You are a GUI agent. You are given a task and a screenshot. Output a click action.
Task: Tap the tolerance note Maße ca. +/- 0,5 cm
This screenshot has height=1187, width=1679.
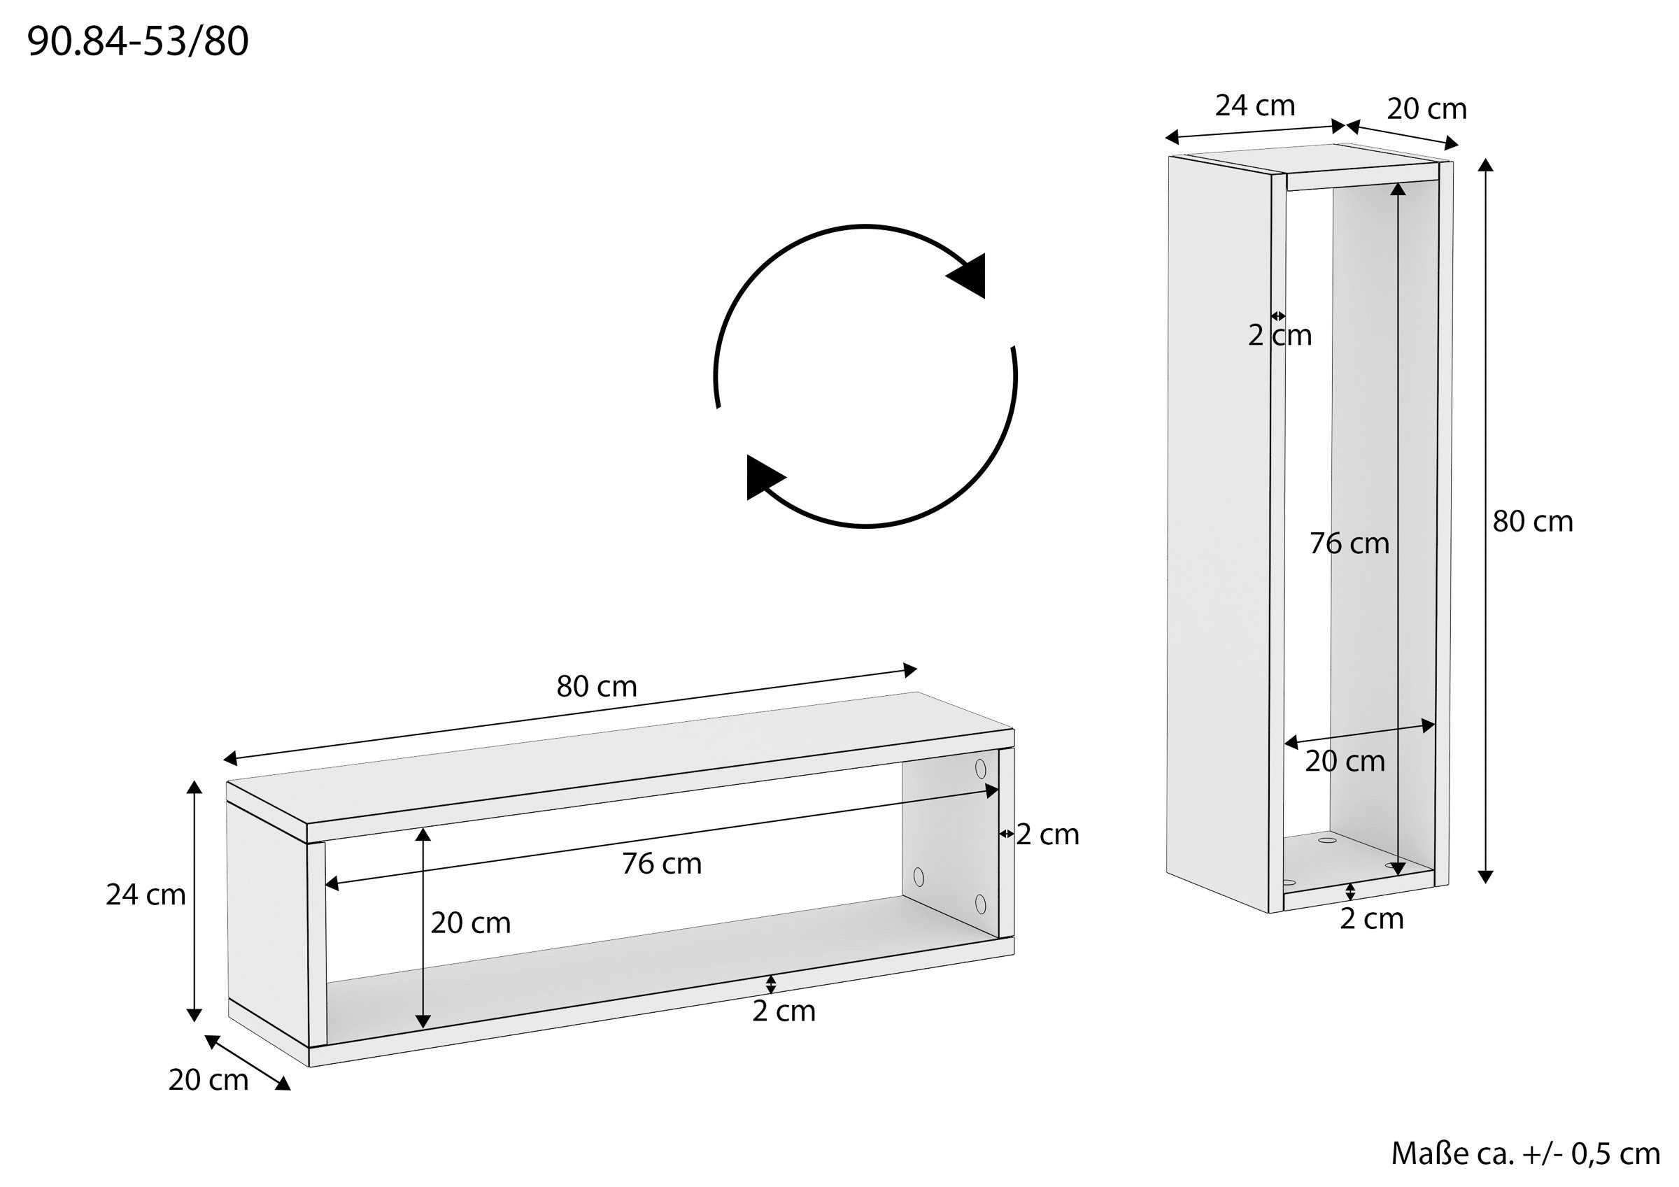tap(1524, 1154)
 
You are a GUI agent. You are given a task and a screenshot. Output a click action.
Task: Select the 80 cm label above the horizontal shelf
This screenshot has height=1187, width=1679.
tap(597, 686)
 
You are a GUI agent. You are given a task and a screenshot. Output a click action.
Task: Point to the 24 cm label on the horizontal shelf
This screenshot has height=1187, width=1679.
tap(146, 895)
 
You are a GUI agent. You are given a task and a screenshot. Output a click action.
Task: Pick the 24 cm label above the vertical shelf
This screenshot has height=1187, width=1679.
tap(1255, 106)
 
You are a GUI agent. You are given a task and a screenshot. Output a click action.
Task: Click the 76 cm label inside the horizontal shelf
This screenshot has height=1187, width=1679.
tap(662, 864)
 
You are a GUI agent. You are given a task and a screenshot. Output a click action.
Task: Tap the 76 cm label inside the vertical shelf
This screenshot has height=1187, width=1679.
tap(1349, 543)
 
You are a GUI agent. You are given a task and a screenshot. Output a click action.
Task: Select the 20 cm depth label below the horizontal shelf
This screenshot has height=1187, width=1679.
tap(208, 1079)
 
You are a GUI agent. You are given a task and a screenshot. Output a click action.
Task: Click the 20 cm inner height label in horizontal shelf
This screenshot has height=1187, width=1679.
tap(470, 923)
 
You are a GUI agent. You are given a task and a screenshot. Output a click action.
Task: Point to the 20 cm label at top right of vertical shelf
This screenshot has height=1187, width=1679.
tap(1426, 109)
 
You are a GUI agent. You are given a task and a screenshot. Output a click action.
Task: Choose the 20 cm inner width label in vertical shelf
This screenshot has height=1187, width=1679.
tap(1345, 761)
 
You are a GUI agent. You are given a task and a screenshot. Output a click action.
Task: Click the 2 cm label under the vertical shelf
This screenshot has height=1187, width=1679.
tap(1371, 918)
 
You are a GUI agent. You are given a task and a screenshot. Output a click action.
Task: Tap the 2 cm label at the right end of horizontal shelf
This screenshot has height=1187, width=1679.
tap(1047, 834)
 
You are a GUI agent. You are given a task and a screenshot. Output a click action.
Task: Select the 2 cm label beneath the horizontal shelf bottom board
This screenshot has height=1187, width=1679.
tap(784, 1011)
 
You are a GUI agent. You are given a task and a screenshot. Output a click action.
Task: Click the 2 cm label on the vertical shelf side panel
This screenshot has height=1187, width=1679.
tap(1280, 335)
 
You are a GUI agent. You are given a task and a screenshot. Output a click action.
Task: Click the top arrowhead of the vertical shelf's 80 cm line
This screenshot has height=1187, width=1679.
tap(1485, 164)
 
